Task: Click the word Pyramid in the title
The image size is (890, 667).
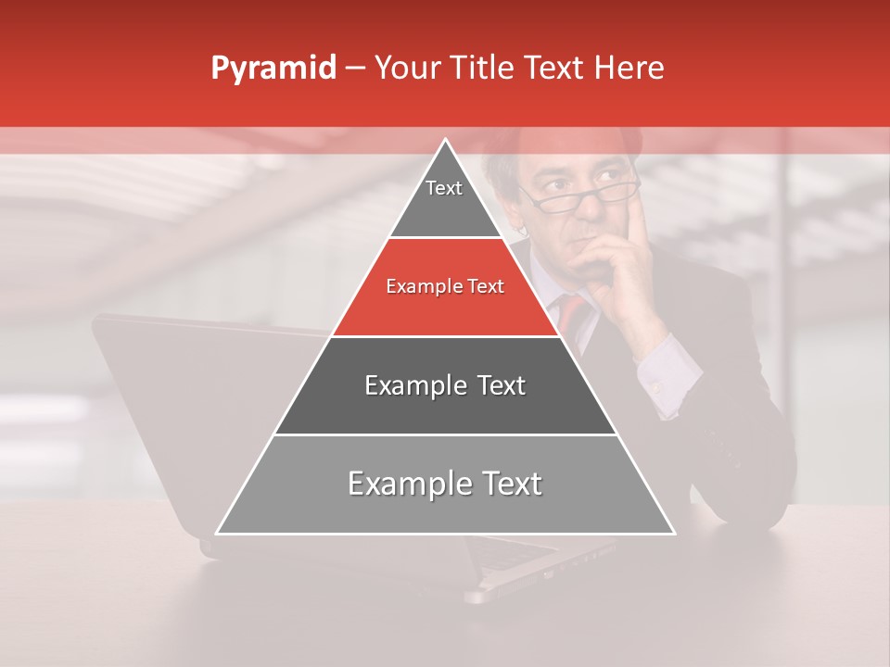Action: pyautogui.click(x=273, y=69)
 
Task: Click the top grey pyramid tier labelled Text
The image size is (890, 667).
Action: pyautogui.click(x=444, y=199)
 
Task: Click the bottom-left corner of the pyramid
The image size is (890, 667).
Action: pyautogui.click(x=219, y=533)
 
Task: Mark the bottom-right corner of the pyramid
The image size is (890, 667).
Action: pyautogui.click(x=672, y=533)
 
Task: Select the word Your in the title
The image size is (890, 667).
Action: pyautogui.click(x=405, y=69)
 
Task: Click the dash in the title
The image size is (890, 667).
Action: pyautogui.click(x=354, y=69)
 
